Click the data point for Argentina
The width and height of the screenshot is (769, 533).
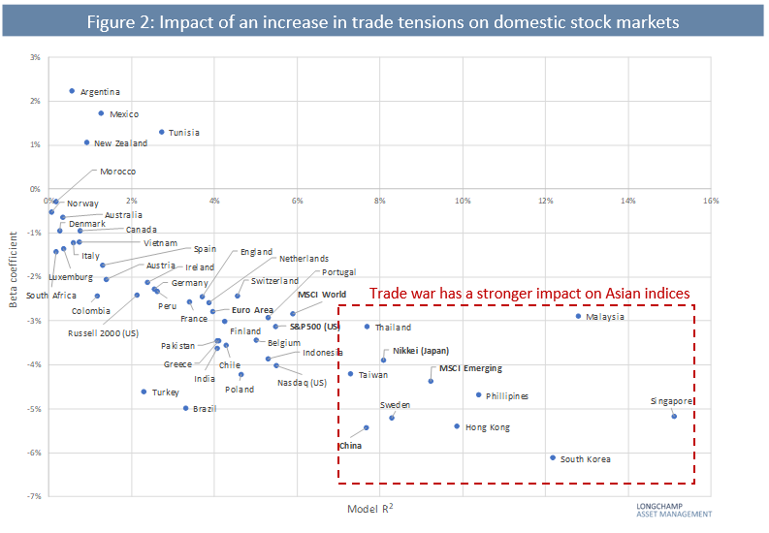click(x=72, y=91)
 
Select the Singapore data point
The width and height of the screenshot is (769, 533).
click(x=674, y=416)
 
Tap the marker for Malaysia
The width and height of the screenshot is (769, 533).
click(x=578, y=316)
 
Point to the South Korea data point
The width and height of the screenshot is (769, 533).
click(x=553, y=457)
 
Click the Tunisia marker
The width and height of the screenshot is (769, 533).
click(x=162, y=132)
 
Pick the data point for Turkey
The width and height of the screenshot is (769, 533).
click(x=144, y=392)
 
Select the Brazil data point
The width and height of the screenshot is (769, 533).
click(x=186, y=408)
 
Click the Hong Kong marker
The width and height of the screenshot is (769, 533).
click(x=457, y=426)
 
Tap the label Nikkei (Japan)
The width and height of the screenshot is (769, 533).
click(x=421, y=351)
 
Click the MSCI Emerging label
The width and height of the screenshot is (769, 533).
click(x=470, y=368)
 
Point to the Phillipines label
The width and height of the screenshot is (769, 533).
click(x=507, y=396)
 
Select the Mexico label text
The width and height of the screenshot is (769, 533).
click(x=124, y=114)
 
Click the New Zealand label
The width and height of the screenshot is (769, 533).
click(x=120, y=143)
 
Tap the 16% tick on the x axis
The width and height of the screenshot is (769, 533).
click(x=711, y=201)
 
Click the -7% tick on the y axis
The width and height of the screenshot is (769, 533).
click(x=33, y=496)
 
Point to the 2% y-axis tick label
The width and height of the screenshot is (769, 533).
click(x=34, y=101)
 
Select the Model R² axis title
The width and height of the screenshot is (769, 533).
click(x=370, y=509)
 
